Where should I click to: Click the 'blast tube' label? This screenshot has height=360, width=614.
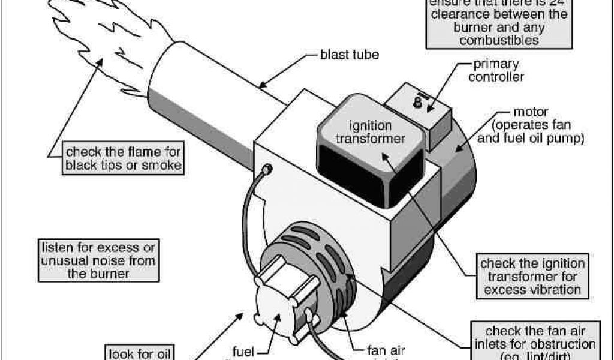click(x=350, y=56)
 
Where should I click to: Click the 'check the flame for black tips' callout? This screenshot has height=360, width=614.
click(x=123, y=158)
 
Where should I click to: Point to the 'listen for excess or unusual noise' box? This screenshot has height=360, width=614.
click(x=97, y=260)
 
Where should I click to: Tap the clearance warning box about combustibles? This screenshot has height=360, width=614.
click(x=496, y=24)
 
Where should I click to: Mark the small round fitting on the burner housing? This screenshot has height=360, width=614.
click(x=267, y=170)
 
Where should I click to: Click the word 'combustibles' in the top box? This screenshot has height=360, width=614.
click(x=496, y=41)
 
